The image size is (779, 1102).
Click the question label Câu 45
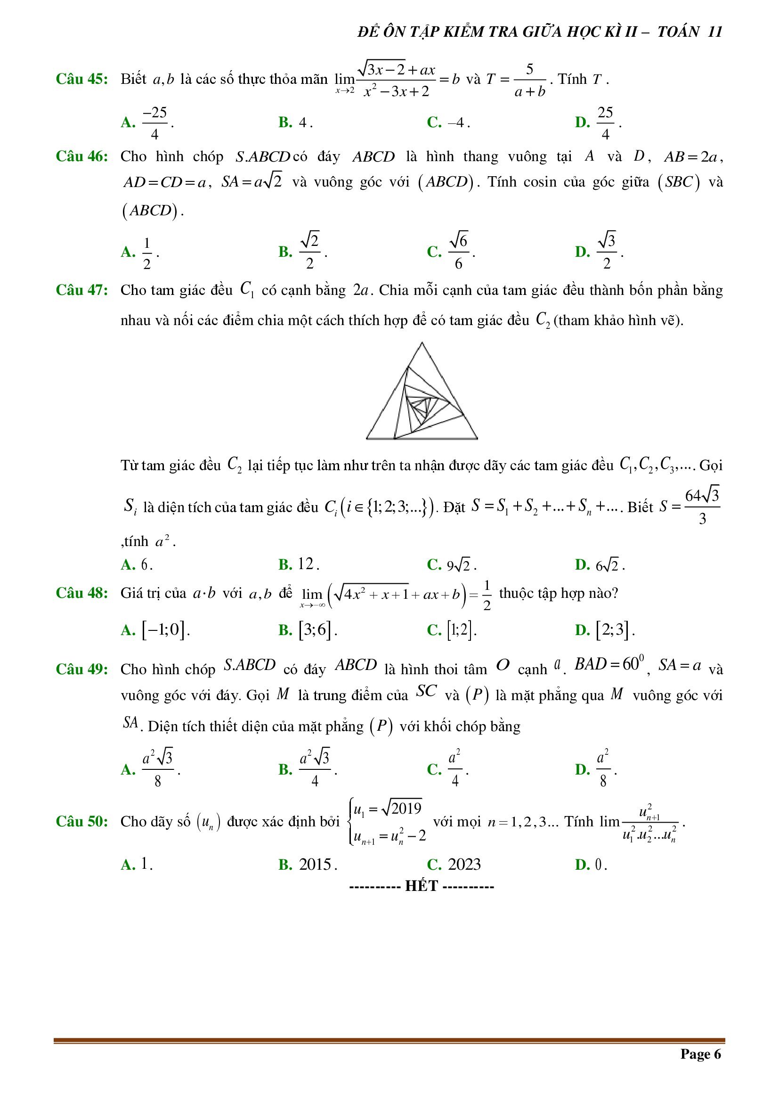(x=81, y=79)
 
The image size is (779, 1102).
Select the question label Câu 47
(x=81, y=290)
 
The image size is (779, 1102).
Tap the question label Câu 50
(x=81, y=821)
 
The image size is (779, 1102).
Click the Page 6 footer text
(x=700, y=1053)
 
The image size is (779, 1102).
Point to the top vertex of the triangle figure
(x=422, y=343)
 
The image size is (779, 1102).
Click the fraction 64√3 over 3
(x=702, y=507)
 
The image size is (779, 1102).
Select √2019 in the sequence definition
(x=402, y=809)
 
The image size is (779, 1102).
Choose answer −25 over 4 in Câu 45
(x=154, y=123)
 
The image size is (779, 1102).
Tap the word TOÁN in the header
(x=679, y=32)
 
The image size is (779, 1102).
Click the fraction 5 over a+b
(x=529, y=80)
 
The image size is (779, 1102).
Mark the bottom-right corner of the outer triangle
(x=477, y=438)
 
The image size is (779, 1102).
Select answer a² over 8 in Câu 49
(x=602, y=769)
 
